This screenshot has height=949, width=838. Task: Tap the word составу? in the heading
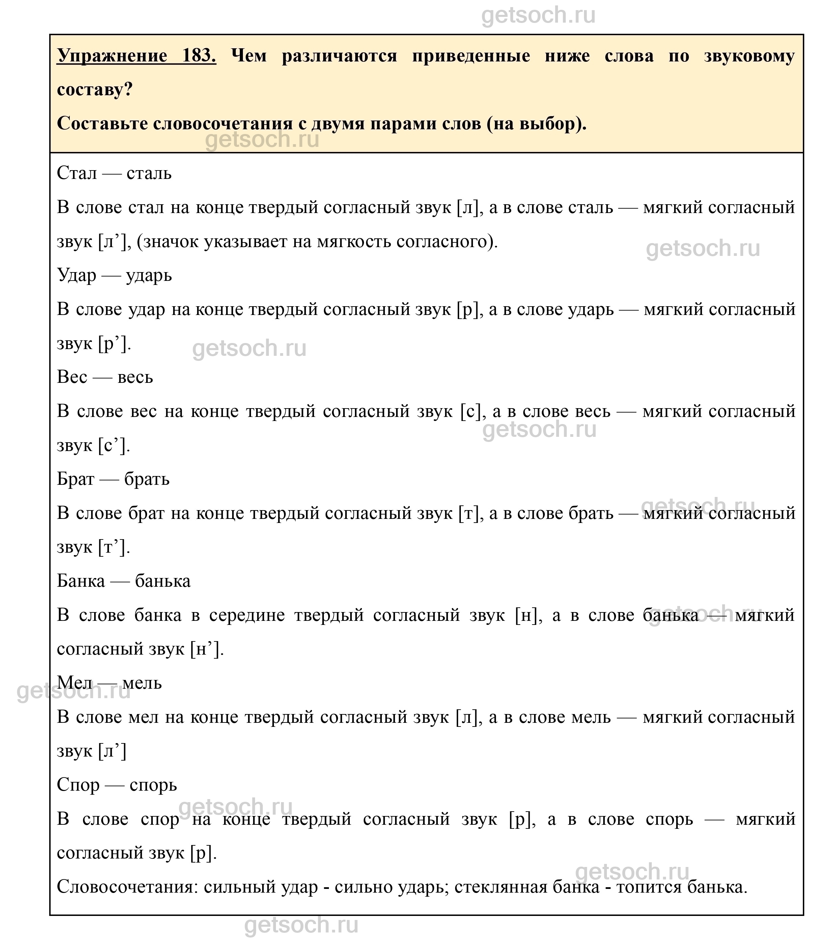click(x=95, y=89)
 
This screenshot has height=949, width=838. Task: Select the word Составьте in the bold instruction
click(x=102, y=124)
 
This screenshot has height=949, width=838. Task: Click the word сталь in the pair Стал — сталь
click(x=149, y=174)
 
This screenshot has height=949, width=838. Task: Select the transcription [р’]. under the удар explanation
click(x=114, y=344)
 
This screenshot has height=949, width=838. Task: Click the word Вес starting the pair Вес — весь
click(x=72, y=377)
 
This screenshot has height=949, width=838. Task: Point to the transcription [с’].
click(x=114, y=446)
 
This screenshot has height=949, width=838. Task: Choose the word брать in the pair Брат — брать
click(x=147, y=479)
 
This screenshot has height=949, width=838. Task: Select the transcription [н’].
click(x=207, y=649)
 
